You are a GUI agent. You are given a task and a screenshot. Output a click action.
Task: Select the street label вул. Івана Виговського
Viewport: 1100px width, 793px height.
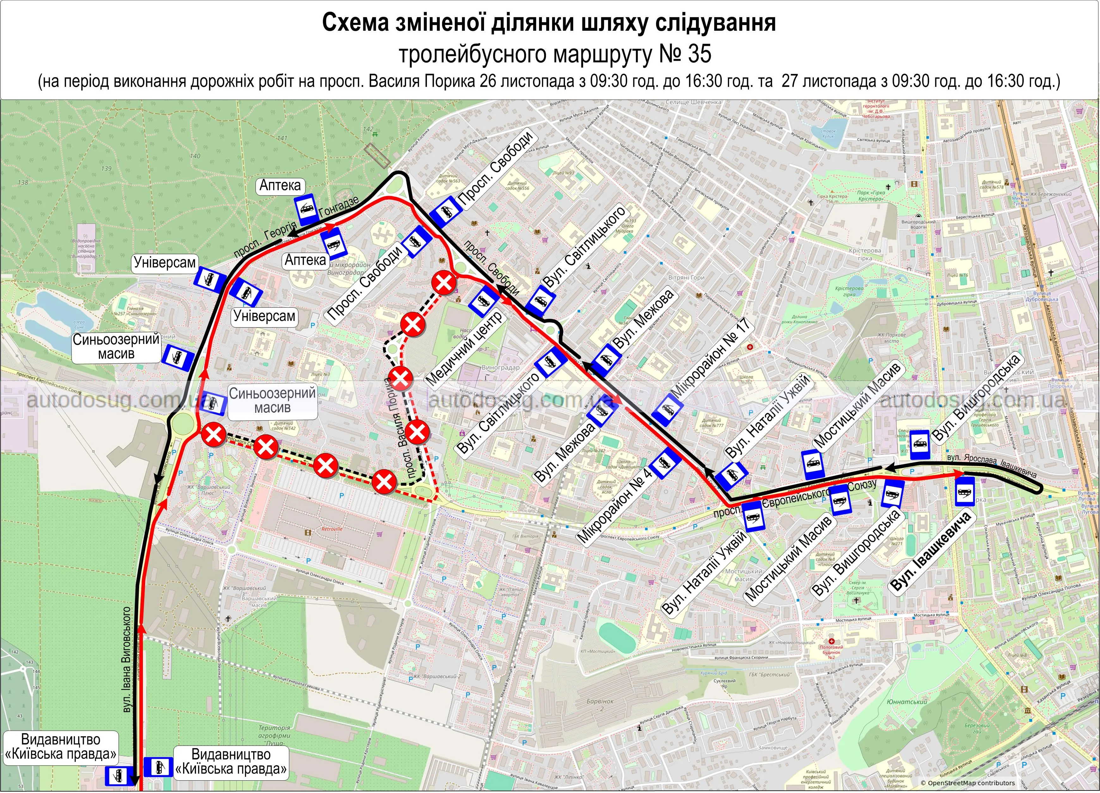pyautogui.click(x=127, y=660)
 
